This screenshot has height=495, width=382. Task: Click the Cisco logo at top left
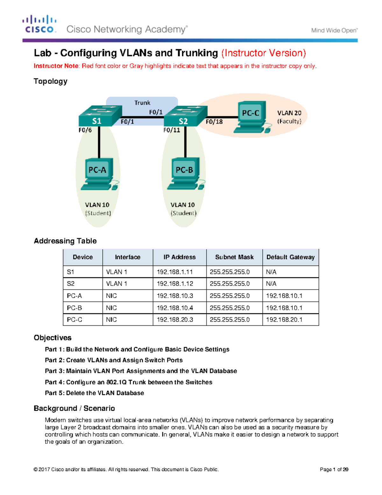coord(39,24)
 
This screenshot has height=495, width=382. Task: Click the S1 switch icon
coord(100,116)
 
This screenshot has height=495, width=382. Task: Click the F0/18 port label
coord(214,122)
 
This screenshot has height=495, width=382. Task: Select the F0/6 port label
coord(85,130)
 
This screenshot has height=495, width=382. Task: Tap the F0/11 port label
coord(172,130)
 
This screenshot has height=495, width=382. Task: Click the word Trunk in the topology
coord(142,103)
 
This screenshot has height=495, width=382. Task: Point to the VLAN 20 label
coord(289,113)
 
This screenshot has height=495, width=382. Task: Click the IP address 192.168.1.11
coord(174,272)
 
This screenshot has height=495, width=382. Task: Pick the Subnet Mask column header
coord(234,257)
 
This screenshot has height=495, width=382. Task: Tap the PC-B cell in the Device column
coord(74,308)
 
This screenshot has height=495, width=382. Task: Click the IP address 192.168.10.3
coord(175,296)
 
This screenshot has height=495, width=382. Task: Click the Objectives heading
coord(53,338)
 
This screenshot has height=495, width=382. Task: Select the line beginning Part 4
coord(128,382)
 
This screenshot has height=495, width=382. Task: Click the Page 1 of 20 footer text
coord(334,470)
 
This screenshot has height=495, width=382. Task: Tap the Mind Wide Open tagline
coord(334,31)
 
